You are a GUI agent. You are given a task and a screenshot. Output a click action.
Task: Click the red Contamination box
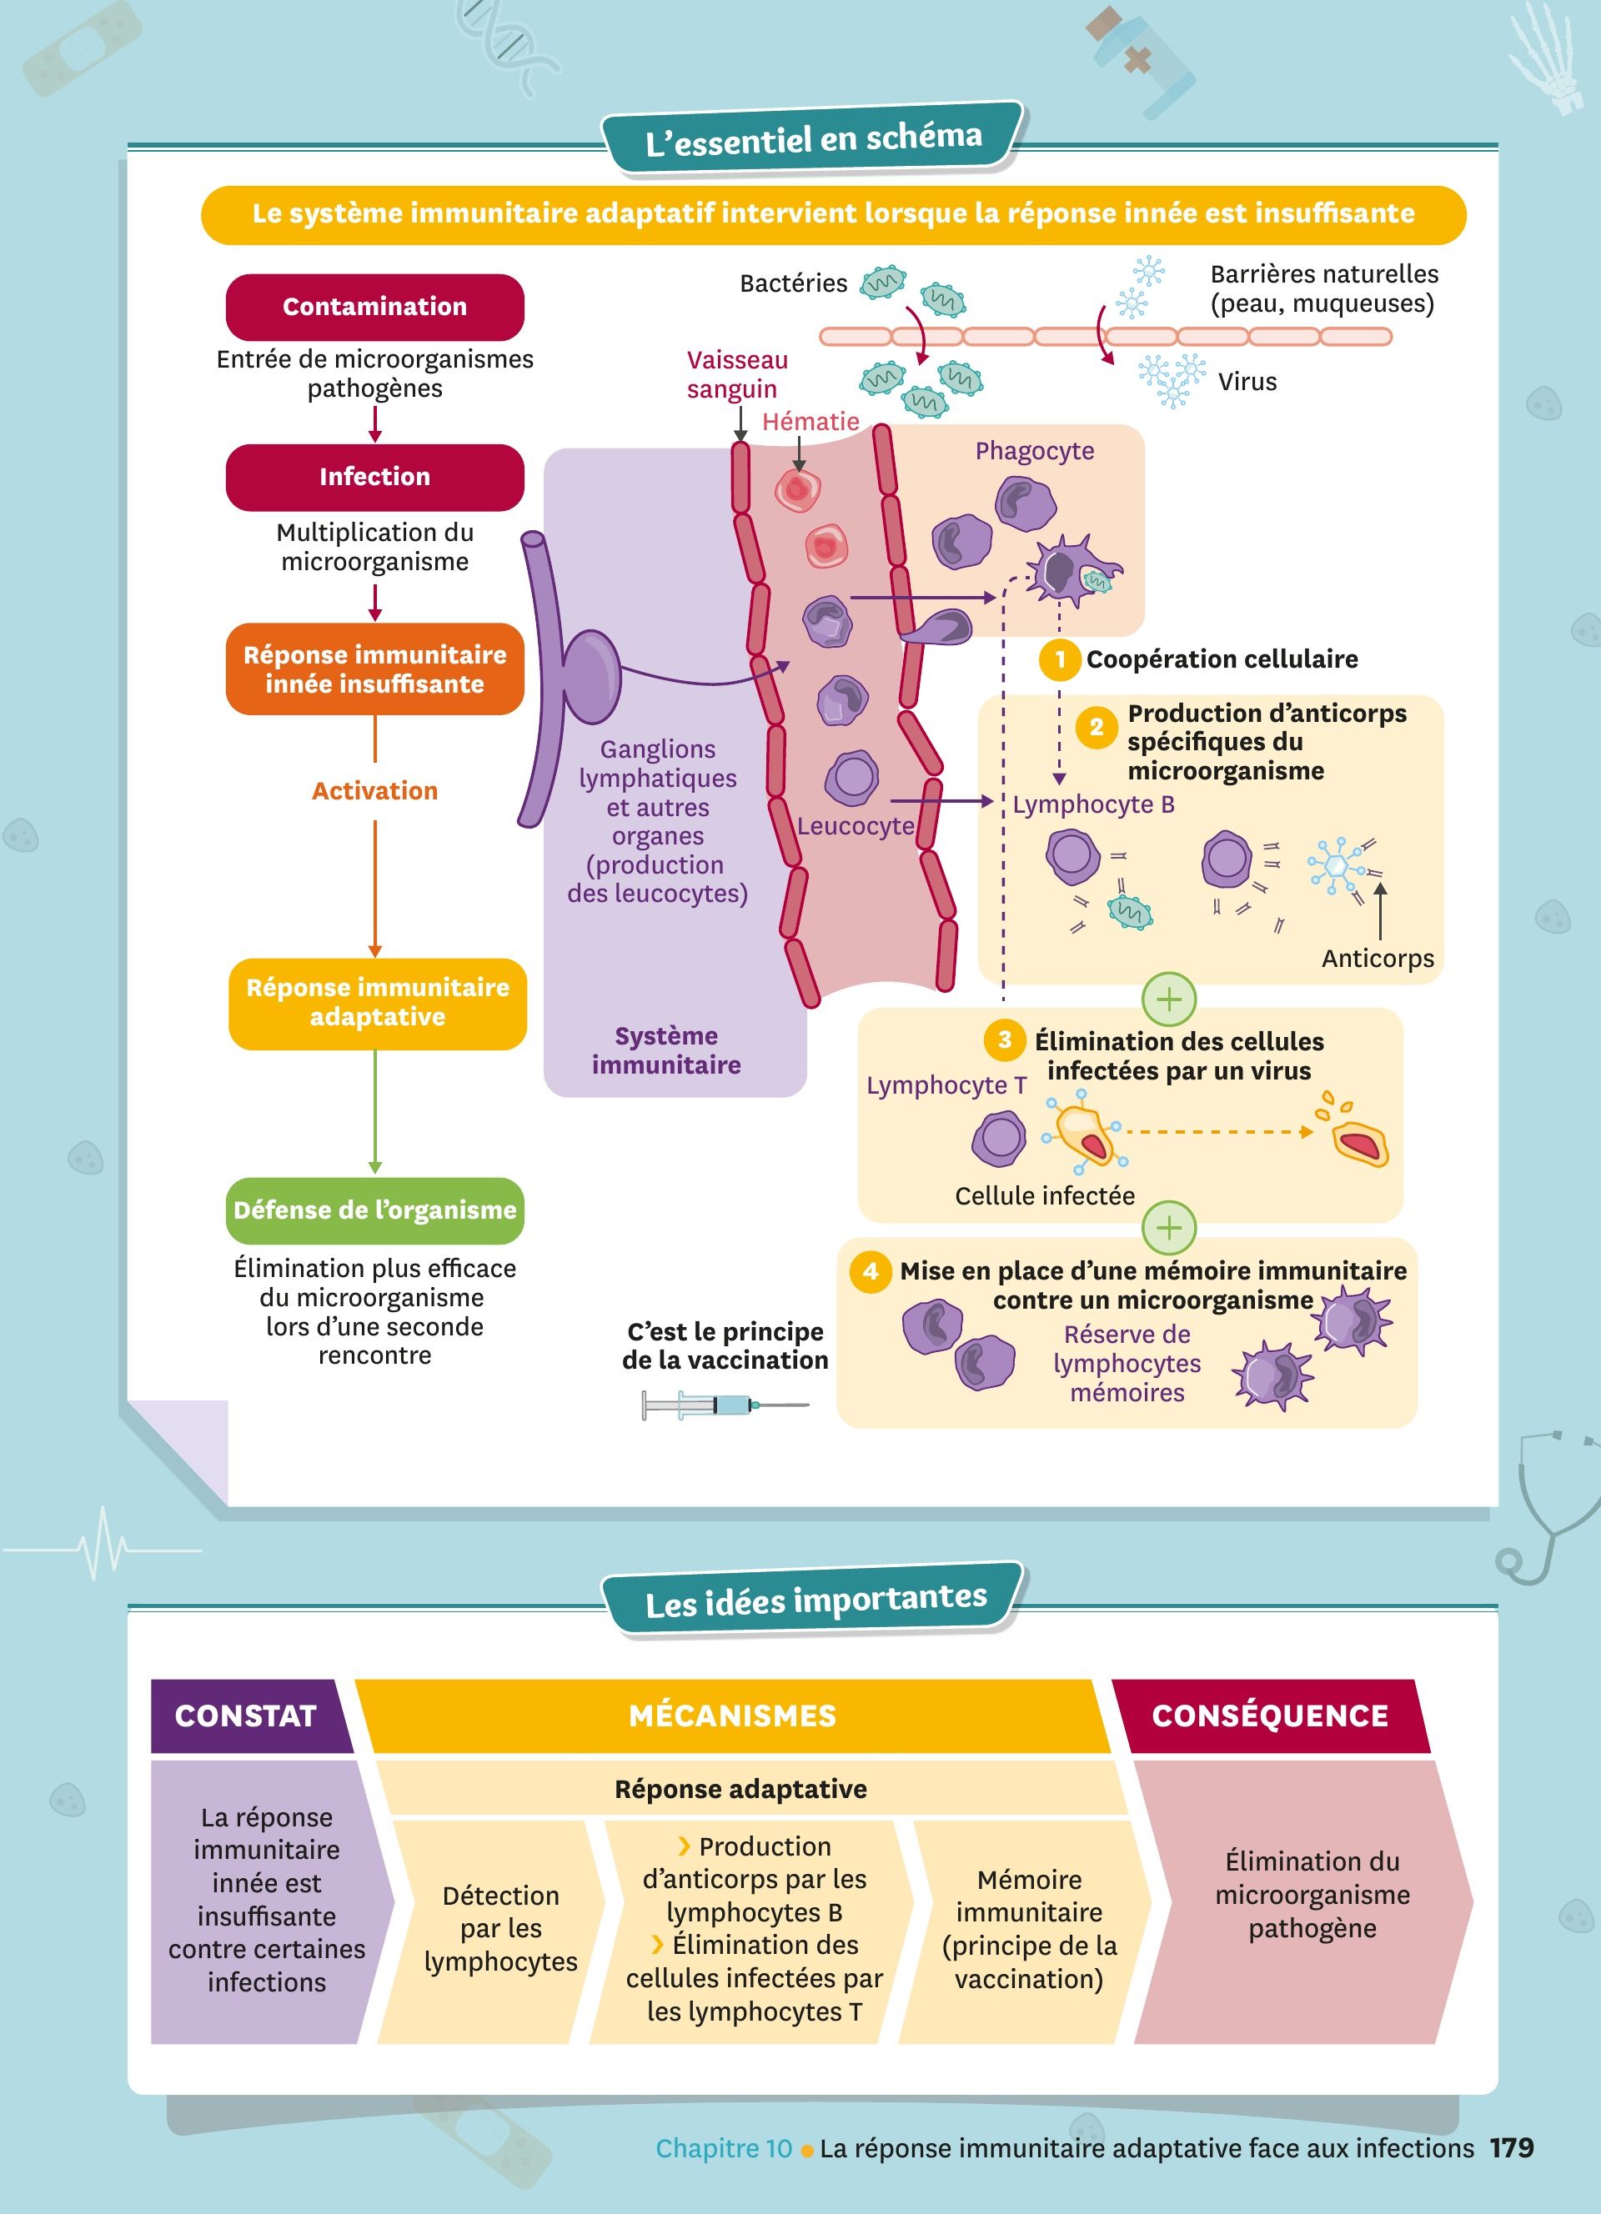(x=375, y=307)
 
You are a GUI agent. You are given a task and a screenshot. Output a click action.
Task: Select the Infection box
(x=375, y=476)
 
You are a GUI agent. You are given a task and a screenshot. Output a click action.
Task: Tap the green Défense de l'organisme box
(x=375, y=1210)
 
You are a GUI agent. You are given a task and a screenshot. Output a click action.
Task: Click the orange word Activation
(x=375, y=791)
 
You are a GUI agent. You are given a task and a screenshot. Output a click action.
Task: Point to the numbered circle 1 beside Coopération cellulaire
(x=1060, y=660)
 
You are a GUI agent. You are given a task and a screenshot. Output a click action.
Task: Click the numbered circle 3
(x=1005, y=1039)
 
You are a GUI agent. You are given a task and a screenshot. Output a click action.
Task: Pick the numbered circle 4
(x=870, y=1271)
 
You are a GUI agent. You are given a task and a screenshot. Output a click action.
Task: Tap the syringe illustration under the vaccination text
(x=725, y=1405)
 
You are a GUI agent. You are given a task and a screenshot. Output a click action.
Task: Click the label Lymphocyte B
(x=1093, y=804)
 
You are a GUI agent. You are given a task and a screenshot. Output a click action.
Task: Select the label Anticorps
(x=1378, y=959)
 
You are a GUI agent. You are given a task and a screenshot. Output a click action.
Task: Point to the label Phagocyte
(x=1034, y=451)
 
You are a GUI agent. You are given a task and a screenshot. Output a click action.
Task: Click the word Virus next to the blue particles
(x=1247, y=382)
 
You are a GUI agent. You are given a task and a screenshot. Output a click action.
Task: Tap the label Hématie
(x=811, y=422)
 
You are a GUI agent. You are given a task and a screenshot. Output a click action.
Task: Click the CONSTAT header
(x=246, y=1716)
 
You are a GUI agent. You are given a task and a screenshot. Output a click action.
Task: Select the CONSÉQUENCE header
(x=1269, y=1716)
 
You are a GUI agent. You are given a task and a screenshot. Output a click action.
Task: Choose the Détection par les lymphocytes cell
(x=501, y=1928)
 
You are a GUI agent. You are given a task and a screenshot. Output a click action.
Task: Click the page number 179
(x=1511, y=2147)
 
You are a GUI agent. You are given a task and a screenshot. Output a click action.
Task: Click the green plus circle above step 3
(x=1168, y=999)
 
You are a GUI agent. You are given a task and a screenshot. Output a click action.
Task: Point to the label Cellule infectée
(x=1045, y=1196)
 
